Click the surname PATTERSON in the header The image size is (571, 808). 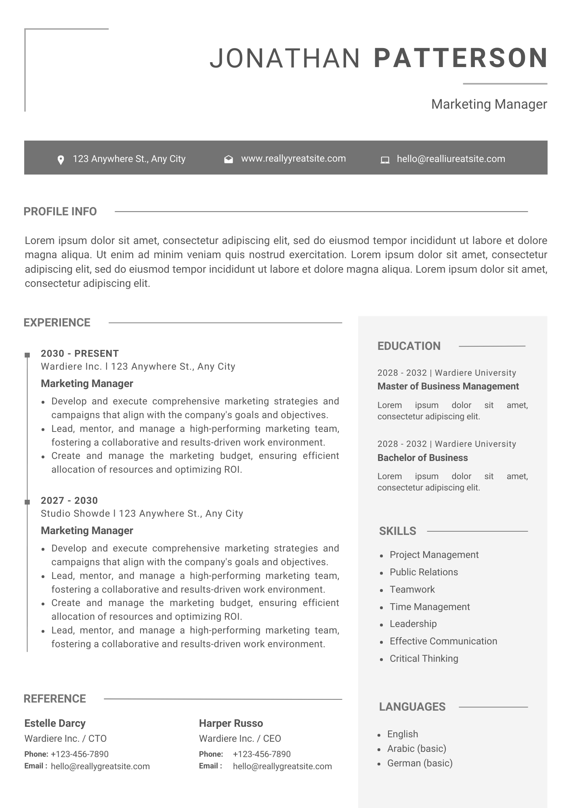point(461,58)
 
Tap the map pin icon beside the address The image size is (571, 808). point(61,160)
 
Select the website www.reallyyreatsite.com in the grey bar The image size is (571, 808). point(293,158)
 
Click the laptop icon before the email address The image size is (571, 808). point(385,160)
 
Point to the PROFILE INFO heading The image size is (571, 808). point(60,211)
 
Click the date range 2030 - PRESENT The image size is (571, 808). point(80,353)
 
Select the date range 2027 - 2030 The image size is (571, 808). point(69,501)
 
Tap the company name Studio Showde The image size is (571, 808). point(75,513)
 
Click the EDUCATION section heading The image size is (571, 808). point(409,346)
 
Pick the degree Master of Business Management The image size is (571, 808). point(448,386)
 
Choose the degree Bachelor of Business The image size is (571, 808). point(422,458)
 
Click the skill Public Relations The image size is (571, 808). point(424,572)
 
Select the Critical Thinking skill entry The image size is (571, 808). point(424,659)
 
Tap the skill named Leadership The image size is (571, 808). point(413,624)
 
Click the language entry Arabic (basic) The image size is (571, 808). point(416,749)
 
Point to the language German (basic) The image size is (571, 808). point(420,763)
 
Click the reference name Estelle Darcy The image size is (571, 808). point(55,723)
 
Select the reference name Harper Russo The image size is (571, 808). point(231,723)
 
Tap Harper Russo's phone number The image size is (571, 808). point(262,754)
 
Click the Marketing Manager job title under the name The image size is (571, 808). point(489,104)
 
